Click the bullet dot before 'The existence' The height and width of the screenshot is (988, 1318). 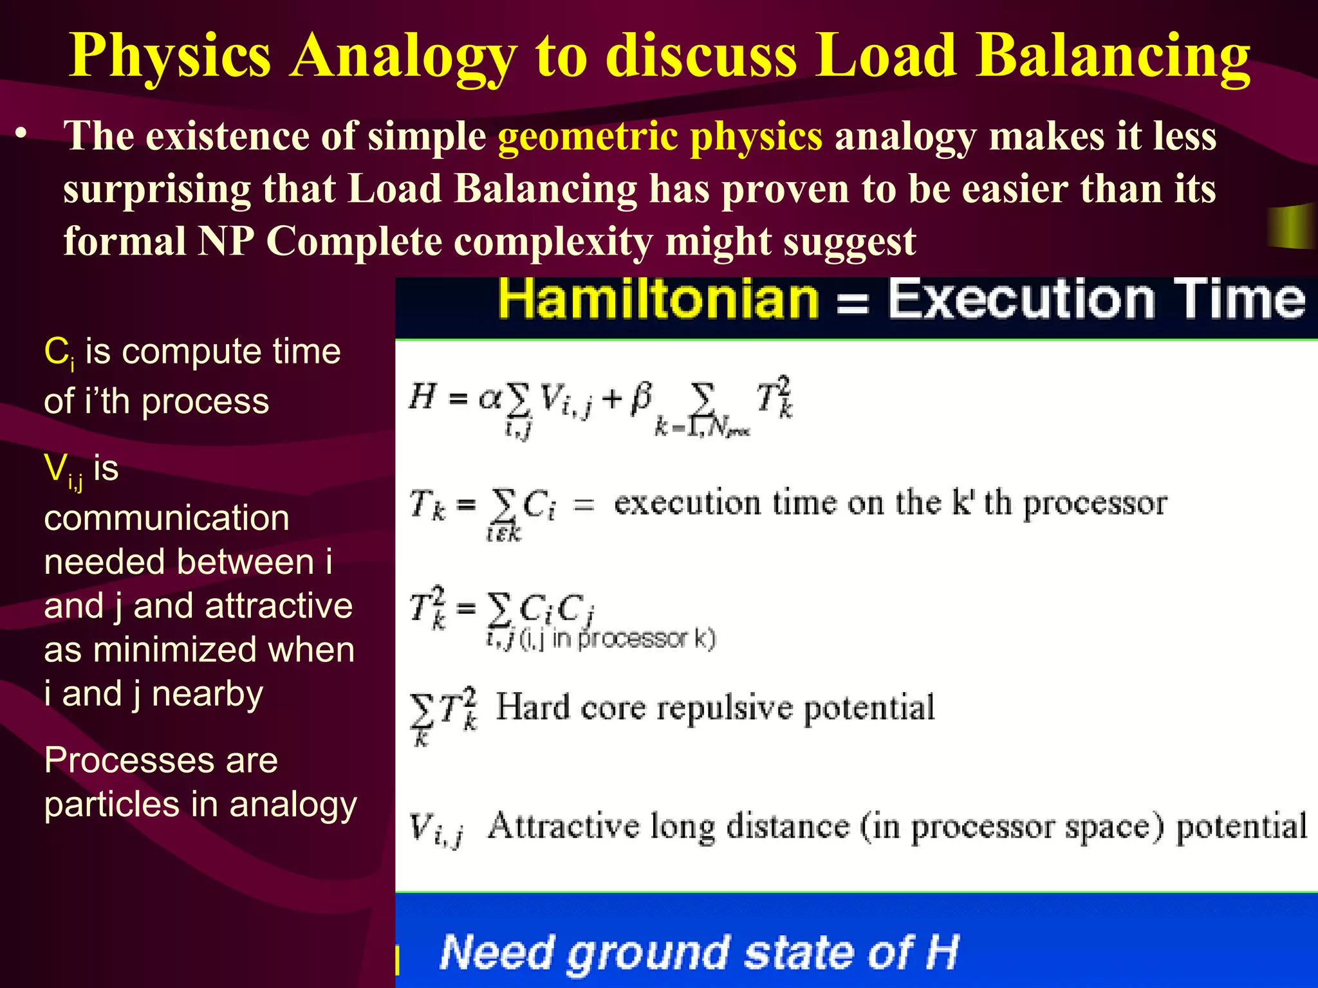23,133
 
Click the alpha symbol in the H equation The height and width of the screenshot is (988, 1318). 490,399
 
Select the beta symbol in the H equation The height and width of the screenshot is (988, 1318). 640,398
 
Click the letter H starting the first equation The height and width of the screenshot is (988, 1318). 422,396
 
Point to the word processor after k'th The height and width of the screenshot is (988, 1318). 1095,504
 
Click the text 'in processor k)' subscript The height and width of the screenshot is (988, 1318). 634,639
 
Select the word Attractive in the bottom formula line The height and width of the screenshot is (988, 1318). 563,826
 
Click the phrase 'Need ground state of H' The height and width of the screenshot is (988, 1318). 699,952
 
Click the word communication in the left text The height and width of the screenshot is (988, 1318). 167,518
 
